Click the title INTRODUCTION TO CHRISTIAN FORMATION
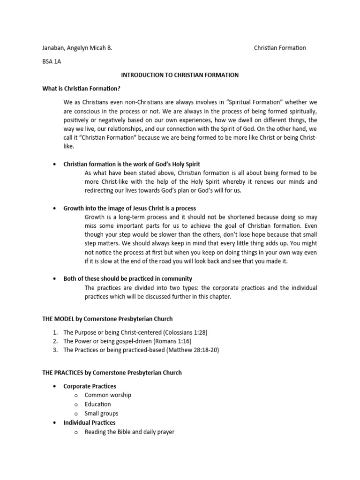pyautogui.click(x=180, y=75)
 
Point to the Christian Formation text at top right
pyautogui.click(x=280, y=48)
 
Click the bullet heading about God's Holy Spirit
pyautogui.click(x=132, y=164)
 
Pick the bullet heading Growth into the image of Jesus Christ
pyautogui.click(x=130, y=208)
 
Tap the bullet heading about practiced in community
pyautogui.click(x=127, y=278)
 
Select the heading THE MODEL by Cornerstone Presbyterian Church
pyautogui.click(x=107, y=319)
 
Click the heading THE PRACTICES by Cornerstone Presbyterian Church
pyautogui.click(x=112, y=373)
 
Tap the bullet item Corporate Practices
pyautogui.click(x=89, y=386)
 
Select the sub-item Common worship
pyautogui.click(x=108, y=395)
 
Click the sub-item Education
pyautogui.click(x=97, y=404)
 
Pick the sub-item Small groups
pyautogui.click(x=101, y=413)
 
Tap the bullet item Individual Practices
pyautogui.click(x=89, y=422)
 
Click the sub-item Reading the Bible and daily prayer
pyautogui.click(x=129, y=432)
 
